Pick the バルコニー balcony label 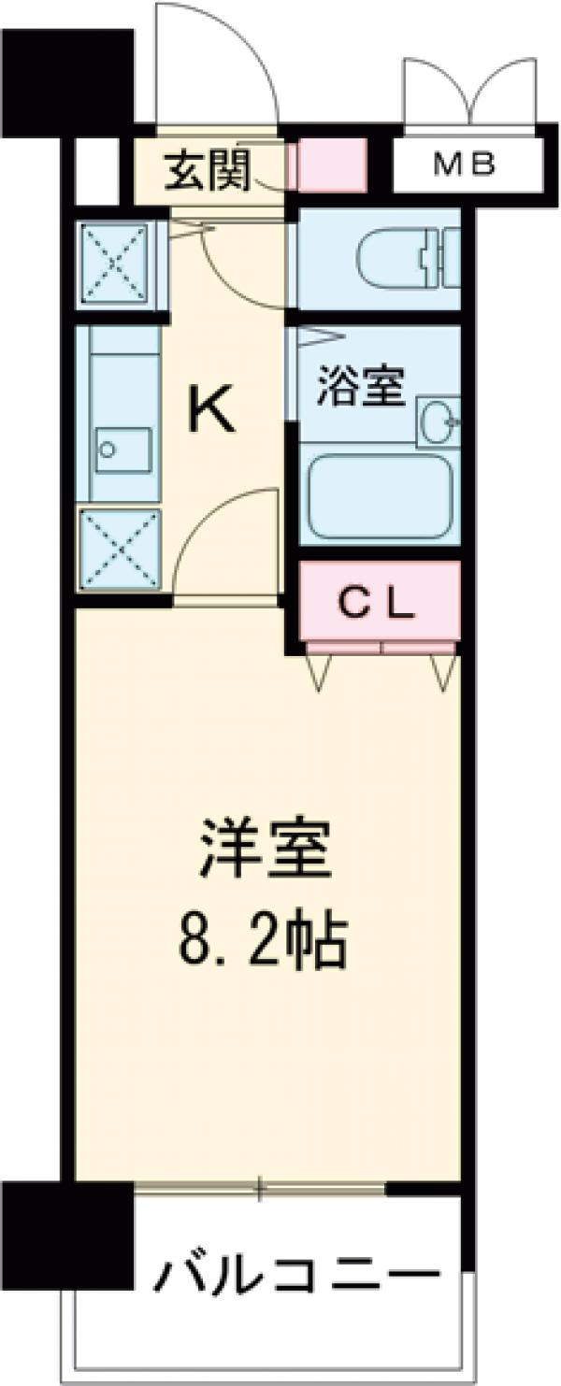296,1273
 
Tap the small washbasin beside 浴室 437,423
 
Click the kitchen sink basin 122,452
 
